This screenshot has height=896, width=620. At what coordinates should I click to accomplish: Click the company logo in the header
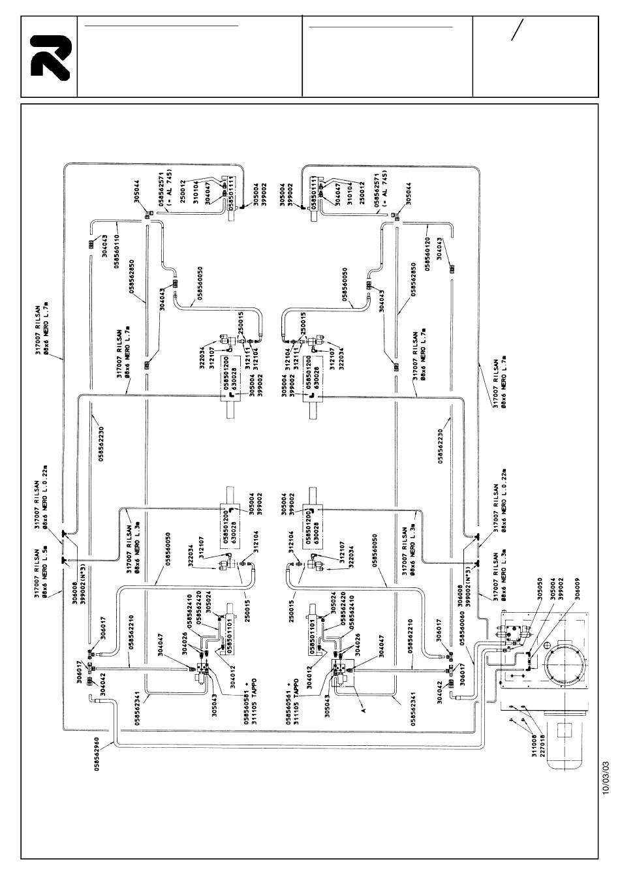(x=49, y=57)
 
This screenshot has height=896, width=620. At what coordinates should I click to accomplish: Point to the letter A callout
(x=364, y=704)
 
